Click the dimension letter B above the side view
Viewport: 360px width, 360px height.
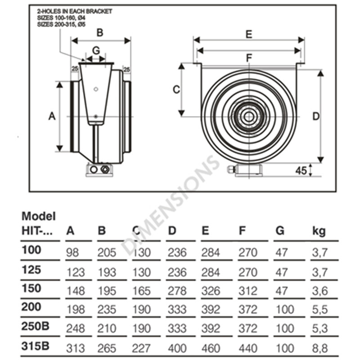(x=100, y=32)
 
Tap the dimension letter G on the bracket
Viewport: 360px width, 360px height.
(x=95, y=50)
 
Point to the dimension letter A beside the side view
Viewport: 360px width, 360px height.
(x=52, y=116)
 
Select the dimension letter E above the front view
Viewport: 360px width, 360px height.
(x=248, y=34)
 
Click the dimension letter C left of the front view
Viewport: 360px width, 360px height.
(x=177, y=89)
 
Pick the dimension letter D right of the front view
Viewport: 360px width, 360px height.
(x=316, y=116)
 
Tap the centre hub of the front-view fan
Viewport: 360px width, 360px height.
(x=248, y=117)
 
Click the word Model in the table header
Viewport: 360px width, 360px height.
(x=39, y=216)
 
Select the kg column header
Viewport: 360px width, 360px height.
(x=319, y=231)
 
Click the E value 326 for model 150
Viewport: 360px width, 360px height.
(x=210, y=291)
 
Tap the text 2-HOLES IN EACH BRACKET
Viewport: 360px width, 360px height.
(x=74, y=10)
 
